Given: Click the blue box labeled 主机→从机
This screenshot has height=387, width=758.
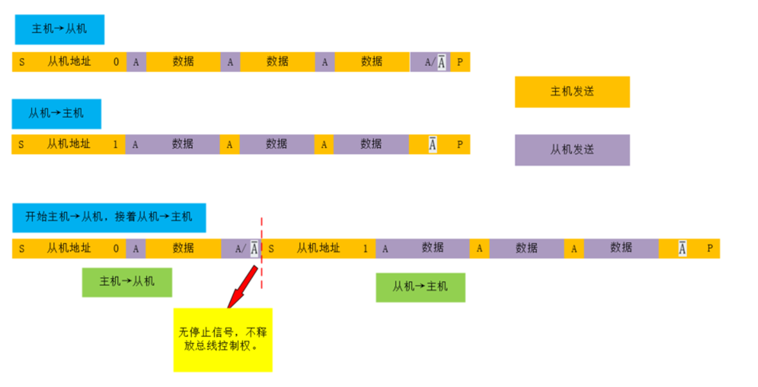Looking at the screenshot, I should tap(59, 29).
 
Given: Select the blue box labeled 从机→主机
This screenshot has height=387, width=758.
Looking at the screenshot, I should tap(56, 114).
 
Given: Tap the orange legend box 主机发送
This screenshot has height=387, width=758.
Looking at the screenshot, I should tap(572, 92).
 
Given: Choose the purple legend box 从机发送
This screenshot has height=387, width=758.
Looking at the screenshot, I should tap(572, 150).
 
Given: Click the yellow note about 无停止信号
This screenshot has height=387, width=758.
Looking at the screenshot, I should tap(222, 340).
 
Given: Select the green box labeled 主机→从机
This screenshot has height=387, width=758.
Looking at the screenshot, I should tap(127, 281).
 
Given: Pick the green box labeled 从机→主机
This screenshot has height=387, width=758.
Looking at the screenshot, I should tap(420, 287).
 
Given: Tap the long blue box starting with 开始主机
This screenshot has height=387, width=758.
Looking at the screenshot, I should tap(109, 217).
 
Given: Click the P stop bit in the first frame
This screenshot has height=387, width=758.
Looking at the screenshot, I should tap(460, 62).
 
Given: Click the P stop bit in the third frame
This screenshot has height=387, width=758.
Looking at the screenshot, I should tap(709, 248).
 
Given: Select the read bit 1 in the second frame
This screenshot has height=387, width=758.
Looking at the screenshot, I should tap(116, 145).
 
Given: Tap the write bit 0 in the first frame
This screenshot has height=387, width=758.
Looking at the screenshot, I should tap(116, 62).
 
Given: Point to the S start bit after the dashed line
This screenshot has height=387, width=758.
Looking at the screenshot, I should tap(271, 248).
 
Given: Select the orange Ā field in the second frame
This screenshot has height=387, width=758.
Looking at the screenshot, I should tap(433, 145).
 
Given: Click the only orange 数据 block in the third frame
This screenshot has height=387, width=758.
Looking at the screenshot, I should tap(183, 248).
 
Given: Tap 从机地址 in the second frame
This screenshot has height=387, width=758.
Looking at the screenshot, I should tap(69, 145).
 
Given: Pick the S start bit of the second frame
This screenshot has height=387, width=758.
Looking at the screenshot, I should tap(21, 145).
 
